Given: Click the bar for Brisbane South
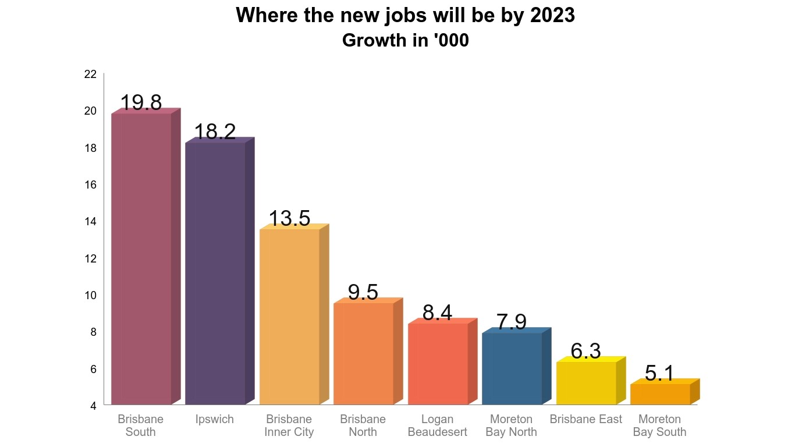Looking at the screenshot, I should (141, 258).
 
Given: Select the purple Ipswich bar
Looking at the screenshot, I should (215, 273).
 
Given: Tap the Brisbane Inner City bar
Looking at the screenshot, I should (289, 317).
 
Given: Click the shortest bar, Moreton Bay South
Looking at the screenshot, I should (660, 394).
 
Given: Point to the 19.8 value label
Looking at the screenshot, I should (141, 103).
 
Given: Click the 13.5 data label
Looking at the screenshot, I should (289, 219).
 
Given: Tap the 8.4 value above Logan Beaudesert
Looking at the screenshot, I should (437, 313).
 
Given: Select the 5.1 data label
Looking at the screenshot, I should (659, 374).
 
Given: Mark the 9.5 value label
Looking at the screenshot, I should (363, 293).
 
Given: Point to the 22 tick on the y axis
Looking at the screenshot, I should (90, 74).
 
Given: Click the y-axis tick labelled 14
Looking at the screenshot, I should (90, 221).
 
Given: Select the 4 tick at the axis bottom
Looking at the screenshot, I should (93, 406).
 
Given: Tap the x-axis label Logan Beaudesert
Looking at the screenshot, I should (437, 425).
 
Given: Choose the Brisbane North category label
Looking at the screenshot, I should (363, 425).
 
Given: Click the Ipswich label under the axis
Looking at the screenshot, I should (215, 419).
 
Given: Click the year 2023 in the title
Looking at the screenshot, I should (552, 16).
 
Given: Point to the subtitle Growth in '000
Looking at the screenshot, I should (406, 41).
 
